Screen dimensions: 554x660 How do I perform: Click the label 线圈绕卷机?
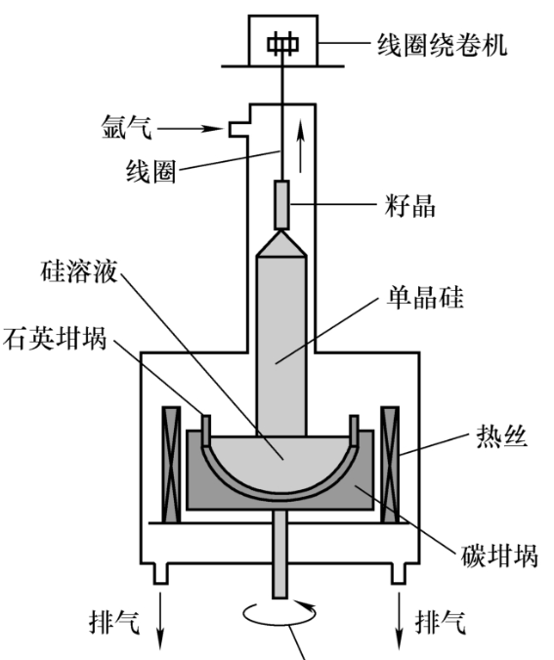[442, 45]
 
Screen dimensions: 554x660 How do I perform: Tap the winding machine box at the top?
[282, 41]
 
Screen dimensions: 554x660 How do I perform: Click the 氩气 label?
[126, 127]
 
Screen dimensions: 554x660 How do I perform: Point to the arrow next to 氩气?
[190, 128]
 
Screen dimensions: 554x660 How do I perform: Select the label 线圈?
[151, 172]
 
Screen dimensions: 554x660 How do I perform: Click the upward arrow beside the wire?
[300, 146]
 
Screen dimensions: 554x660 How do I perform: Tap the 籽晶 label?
[409, 206]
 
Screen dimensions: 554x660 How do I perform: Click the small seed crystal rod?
[281, 205]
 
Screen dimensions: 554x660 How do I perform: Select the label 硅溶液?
[79, 271]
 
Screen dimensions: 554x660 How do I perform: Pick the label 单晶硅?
[425, 298]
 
